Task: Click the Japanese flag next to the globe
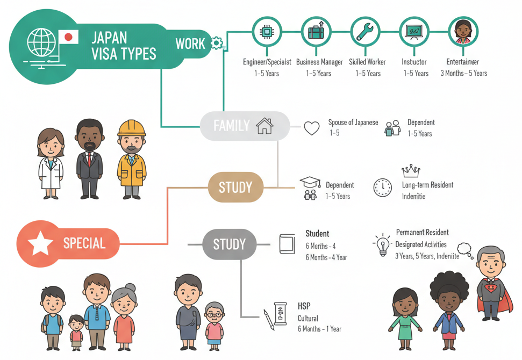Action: point(68,37)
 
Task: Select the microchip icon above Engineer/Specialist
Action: point(267,32)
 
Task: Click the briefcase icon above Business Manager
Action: point(316,32)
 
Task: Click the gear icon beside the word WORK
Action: point(217,43)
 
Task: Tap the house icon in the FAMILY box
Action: point(264,126)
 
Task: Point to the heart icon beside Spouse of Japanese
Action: point(312,128)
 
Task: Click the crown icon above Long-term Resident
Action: point(411,171)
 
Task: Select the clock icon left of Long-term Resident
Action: point(383,188)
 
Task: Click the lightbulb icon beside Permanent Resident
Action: point(383,244)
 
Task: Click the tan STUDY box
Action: point(235,187)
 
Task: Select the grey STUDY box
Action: point(229,244)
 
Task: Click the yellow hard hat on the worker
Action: point(132,127)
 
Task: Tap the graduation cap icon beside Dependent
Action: point(310,182)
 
